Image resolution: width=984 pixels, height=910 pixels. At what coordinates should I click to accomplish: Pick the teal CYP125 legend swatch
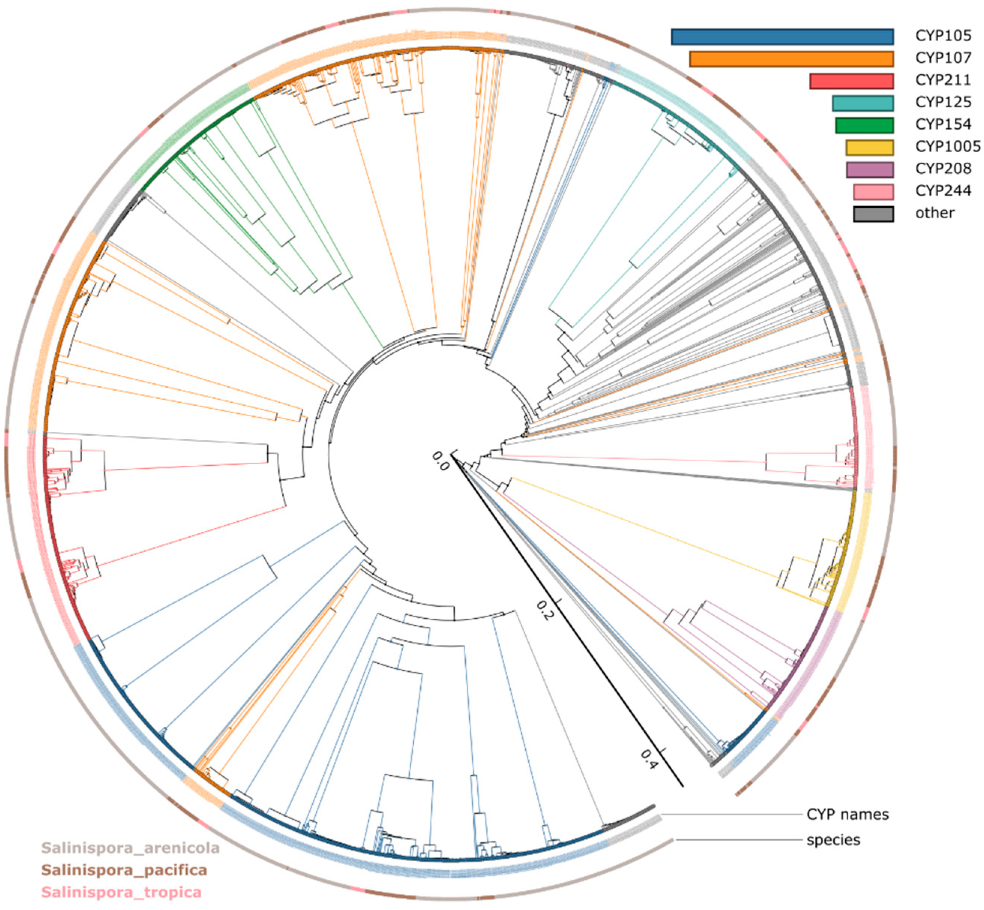click(863, 103)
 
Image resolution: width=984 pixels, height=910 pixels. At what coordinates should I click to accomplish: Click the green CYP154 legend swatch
click(864, 125)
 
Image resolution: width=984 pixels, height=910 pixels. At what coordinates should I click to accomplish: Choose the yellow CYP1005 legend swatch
click(869, 147)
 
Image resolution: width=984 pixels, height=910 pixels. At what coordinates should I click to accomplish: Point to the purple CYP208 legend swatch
click(869, 169)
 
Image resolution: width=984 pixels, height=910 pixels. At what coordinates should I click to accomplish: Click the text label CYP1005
click(948, 147)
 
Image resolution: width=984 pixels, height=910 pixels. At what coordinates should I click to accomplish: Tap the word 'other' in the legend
click(934, 213)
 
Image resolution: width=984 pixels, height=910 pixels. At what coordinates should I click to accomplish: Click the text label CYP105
click(943, 36)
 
